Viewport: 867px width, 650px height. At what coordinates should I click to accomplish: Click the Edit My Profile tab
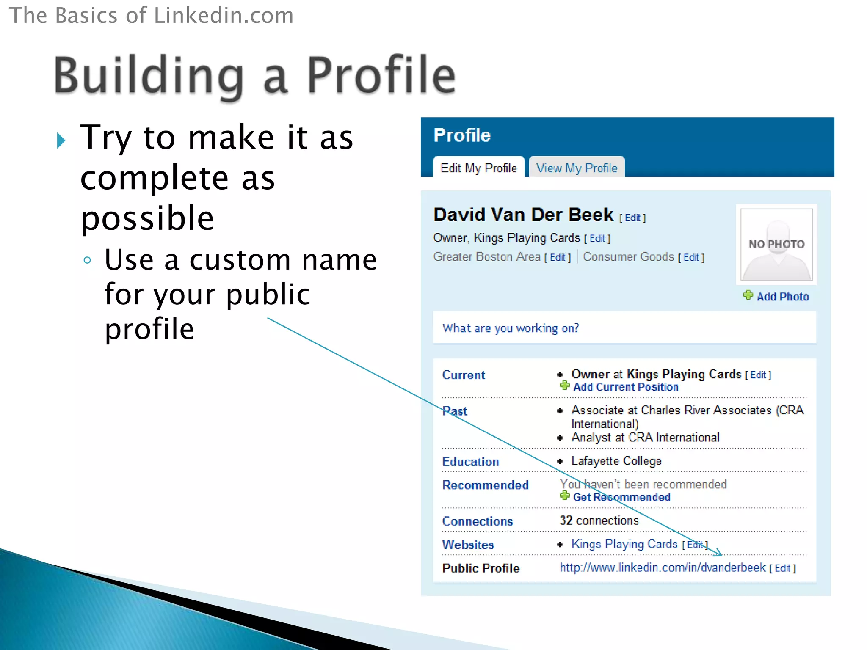click(x=478, y=168)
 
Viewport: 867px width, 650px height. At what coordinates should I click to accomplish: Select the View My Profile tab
click(x=577, y=168)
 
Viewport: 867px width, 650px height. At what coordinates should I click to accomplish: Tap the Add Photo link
click(x=782, y=297)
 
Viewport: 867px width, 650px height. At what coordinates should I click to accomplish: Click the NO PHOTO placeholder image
click(x=776, y=245)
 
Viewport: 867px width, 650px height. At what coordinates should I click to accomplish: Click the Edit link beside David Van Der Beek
click(x=632, y=218)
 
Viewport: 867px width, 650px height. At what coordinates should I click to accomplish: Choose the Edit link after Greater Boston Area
click(x=558, y=257)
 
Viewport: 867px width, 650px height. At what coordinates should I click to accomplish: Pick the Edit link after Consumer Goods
click(x=691, y=257)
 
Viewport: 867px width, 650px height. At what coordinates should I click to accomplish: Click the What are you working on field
click(x=624, y=328)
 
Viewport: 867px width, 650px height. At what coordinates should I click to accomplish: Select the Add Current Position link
click(x=625, y=387)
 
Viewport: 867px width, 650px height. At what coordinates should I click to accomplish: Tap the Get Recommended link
click(x=621, y=497)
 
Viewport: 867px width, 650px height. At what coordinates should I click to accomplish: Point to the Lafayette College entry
click(x=616, y=461)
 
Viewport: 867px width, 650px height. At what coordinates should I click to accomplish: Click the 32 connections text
click(x=599, y=521)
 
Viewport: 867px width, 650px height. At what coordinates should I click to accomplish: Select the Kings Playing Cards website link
click(x=624, y=544)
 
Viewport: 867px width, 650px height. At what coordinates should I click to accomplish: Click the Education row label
click(x=470, y=462)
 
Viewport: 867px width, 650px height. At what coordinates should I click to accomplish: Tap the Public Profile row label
click(x=480, y=568)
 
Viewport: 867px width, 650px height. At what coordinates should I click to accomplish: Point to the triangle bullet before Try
click(x=61, y=140)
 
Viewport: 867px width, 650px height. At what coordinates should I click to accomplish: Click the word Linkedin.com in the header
click(x=224, y=16)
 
